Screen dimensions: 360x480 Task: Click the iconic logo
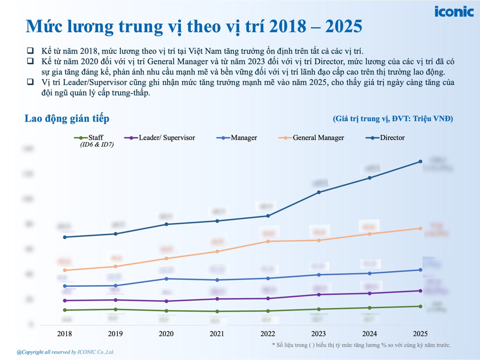454,12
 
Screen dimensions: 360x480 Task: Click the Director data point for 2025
420,162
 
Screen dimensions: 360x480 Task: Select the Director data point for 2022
268,216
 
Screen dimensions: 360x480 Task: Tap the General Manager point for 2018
65,270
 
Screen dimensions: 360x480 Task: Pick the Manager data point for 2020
166,279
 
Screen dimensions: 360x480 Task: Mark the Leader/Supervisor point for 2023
319,295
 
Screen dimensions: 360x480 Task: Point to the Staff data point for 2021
217,311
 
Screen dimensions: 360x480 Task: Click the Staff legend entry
89,138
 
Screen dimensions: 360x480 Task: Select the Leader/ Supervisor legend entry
160,138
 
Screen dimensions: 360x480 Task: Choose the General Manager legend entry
312,138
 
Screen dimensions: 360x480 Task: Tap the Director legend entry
385,138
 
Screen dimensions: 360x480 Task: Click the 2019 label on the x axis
115,334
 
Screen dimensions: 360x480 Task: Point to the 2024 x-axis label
369,334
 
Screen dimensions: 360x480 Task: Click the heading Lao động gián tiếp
67,119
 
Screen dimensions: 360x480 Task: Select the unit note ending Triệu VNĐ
393,119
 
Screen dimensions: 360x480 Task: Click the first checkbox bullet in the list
30,50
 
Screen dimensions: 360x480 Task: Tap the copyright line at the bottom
65,352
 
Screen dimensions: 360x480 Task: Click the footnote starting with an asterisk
361,345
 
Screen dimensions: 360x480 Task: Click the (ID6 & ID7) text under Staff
97,145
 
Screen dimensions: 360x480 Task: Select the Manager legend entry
237,138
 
